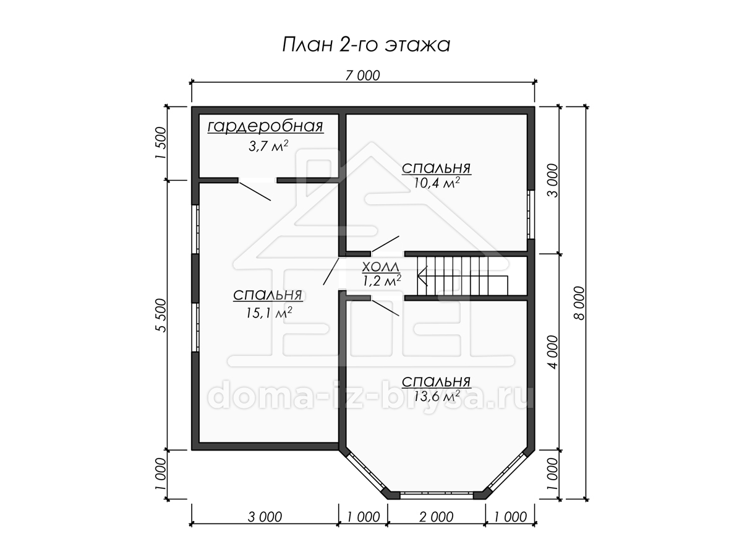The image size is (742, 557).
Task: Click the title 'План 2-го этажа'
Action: point(366,45)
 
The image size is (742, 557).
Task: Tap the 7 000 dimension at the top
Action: point(362,76)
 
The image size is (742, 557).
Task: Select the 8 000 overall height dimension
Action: point(579,303)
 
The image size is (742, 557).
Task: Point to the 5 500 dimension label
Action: point(162,315)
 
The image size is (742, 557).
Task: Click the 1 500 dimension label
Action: point(161,143)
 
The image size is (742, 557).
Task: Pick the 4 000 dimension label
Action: point(553,352)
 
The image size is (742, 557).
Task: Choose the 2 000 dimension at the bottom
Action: point(436,517)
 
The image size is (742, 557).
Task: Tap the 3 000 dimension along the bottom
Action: point(265,517)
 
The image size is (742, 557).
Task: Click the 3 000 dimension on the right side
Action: point(553,181)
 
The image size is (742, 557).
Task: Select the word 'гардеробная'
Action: point(265,127)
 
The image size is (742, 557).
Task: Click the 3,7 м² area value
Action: point(268,146)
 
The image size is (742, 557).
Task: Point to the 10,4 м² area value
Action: point(437,183)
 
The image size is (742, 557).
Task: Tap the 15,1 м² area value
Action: point(269,313)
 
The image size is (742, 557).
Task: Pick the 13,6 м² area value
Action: point(437,395)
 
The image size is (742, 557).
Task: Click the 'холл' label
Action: point(381,267)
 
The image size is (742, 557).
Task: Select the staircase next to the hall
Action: point(463,276)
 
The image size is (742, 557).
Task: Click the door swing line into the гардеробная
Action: point(255,191)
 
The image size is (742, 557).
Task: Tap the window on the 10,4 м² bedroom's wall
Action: point(531,214)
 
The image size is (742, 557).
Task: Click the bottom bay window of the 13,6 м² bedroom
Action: point(437,496)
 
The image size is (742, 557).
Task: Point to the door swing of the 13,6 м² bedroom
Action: point(385,308)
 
